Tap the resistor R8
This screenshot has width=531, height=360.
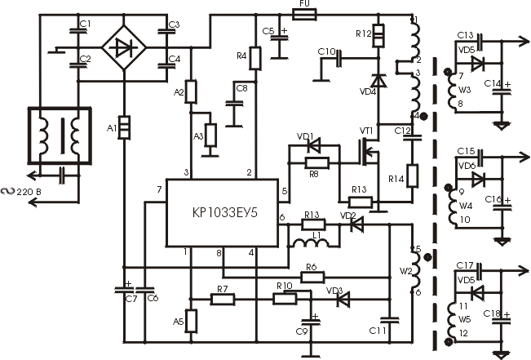312,162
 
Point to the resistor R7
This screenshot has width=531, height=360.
223,300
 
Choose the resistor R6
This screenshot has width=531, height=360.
311,278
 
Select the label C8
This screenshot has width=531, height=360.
241,87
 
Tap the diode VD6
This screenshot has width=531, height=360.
477,178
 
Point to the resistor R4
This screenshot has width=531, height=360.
254,58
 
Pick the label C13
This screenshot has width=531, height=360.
465,35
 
